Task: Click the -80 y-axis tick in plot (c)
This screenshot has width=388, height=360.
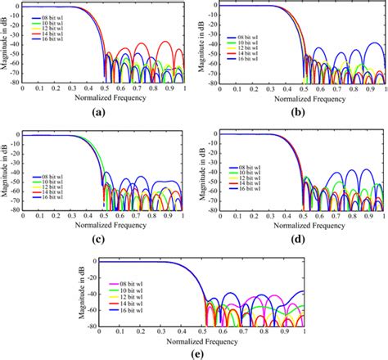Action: coord(16,209)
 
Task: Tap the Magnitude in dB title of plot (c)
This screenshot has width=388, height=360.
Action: coord(6,168)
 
